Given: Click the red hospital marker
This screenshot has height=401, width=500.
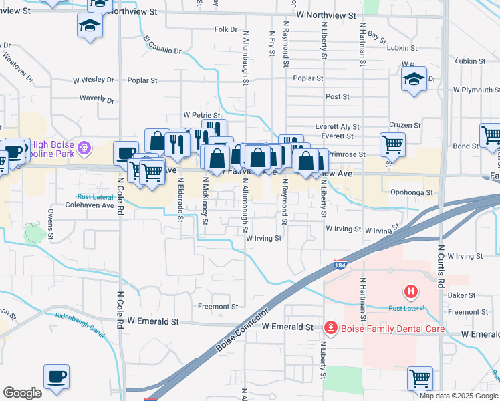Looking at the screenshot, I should [410, 292].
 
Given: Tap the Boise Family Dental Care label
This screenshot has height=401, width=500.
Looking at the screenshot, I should [383, 328].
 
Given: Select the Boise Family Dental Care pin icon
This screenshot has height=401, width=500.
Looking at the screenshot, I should [330, 327].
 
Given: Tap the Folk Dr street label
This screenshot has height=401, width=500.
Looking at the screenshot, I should [226, 30].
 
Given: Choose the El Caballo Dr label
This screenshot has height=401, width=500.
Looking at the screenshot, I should [162, 45].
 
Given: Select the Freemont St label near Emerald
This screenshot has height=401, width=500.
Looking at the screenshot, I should [218, 307].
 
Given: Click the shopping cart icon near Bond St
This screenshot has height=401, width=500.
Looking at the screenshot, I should [491, 135].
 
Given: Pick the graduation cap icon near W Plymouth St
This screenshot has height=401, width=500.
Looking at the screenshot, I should [414, 80].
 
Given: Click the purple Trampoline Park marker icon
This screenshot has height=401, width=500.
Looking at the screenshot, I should [84, 147].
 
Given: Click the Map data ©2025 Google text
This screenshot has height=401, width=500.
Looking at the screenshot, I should [458, 396].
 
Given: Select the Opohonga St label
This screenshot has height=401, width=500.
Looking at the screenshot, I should [411, 192].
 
